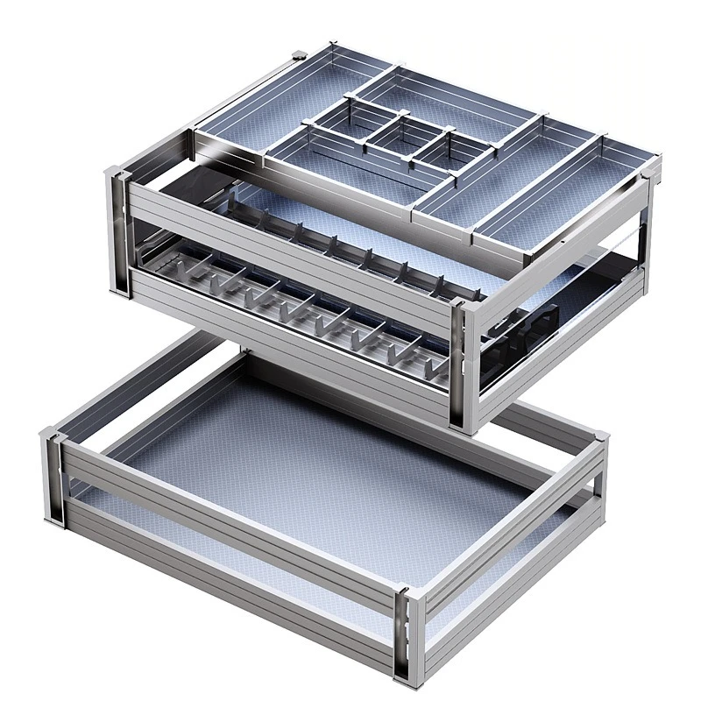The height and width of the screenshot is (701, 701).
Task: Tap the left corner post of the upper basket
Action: click(x=120, y=232)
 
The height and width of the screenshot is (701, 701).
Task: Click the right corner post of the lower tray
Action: click(x=598, y=478)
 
